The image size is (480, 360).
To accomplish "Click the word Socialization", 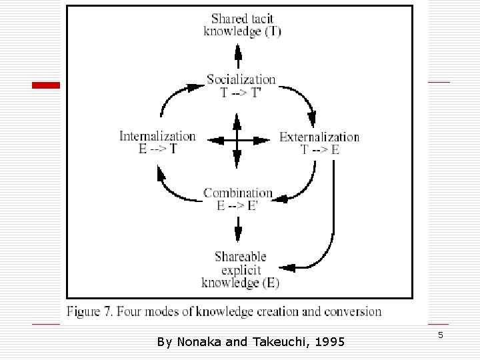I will [x=241, y=80].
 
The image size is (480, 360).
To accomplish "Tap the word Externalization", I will [x=319, y=137].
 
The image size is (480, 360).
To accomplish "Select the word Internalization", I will [x=157, y=136].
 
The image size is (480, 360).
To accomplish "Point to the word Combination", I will [x=238, y=193].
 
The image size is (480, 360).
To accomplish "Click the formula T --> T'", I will [x=241, y=93].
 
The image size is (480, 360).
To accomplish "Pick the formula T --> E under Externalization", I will [x=320, y=150].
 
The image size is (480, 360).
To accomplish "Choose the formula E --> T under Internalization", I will [x=158, y=149].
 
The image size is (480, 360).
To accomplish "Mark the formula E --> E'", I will [x=238, y=206].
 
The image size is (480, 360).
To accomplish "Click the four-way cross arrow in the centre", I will [x=237, y=140].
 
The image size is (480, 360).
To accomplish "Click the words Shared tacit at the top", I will [x=241, y=19].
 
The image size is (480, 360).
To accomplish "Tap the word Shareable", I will [x=241, y=257].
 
